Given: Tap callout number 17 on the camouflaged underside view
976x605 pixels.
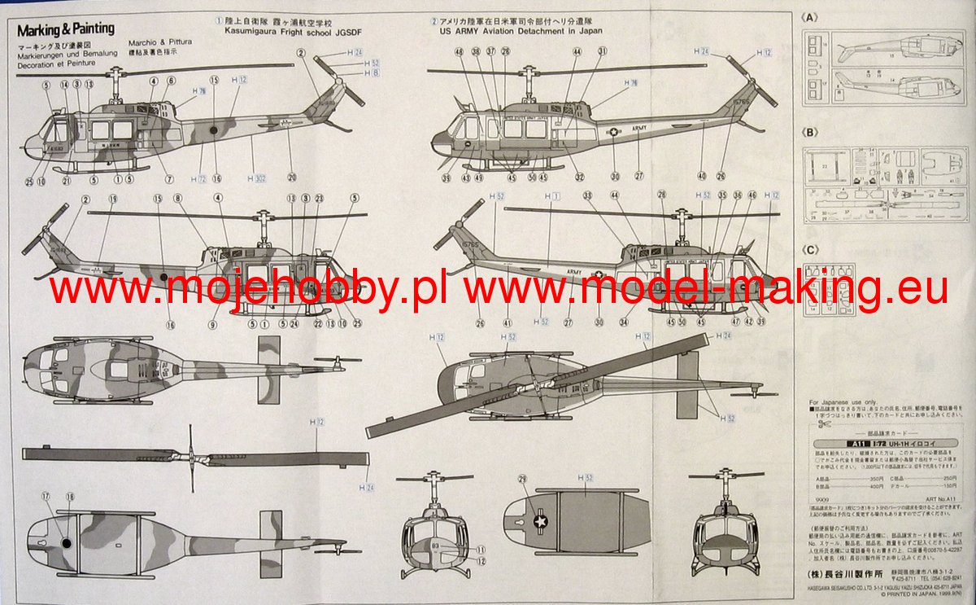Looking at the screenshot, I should point(46,495).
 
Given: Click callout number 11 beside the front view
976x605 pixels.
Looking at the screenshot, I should point(481,550).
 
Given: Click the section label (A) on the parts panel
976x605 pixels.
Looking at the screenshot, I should point(808,16).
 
